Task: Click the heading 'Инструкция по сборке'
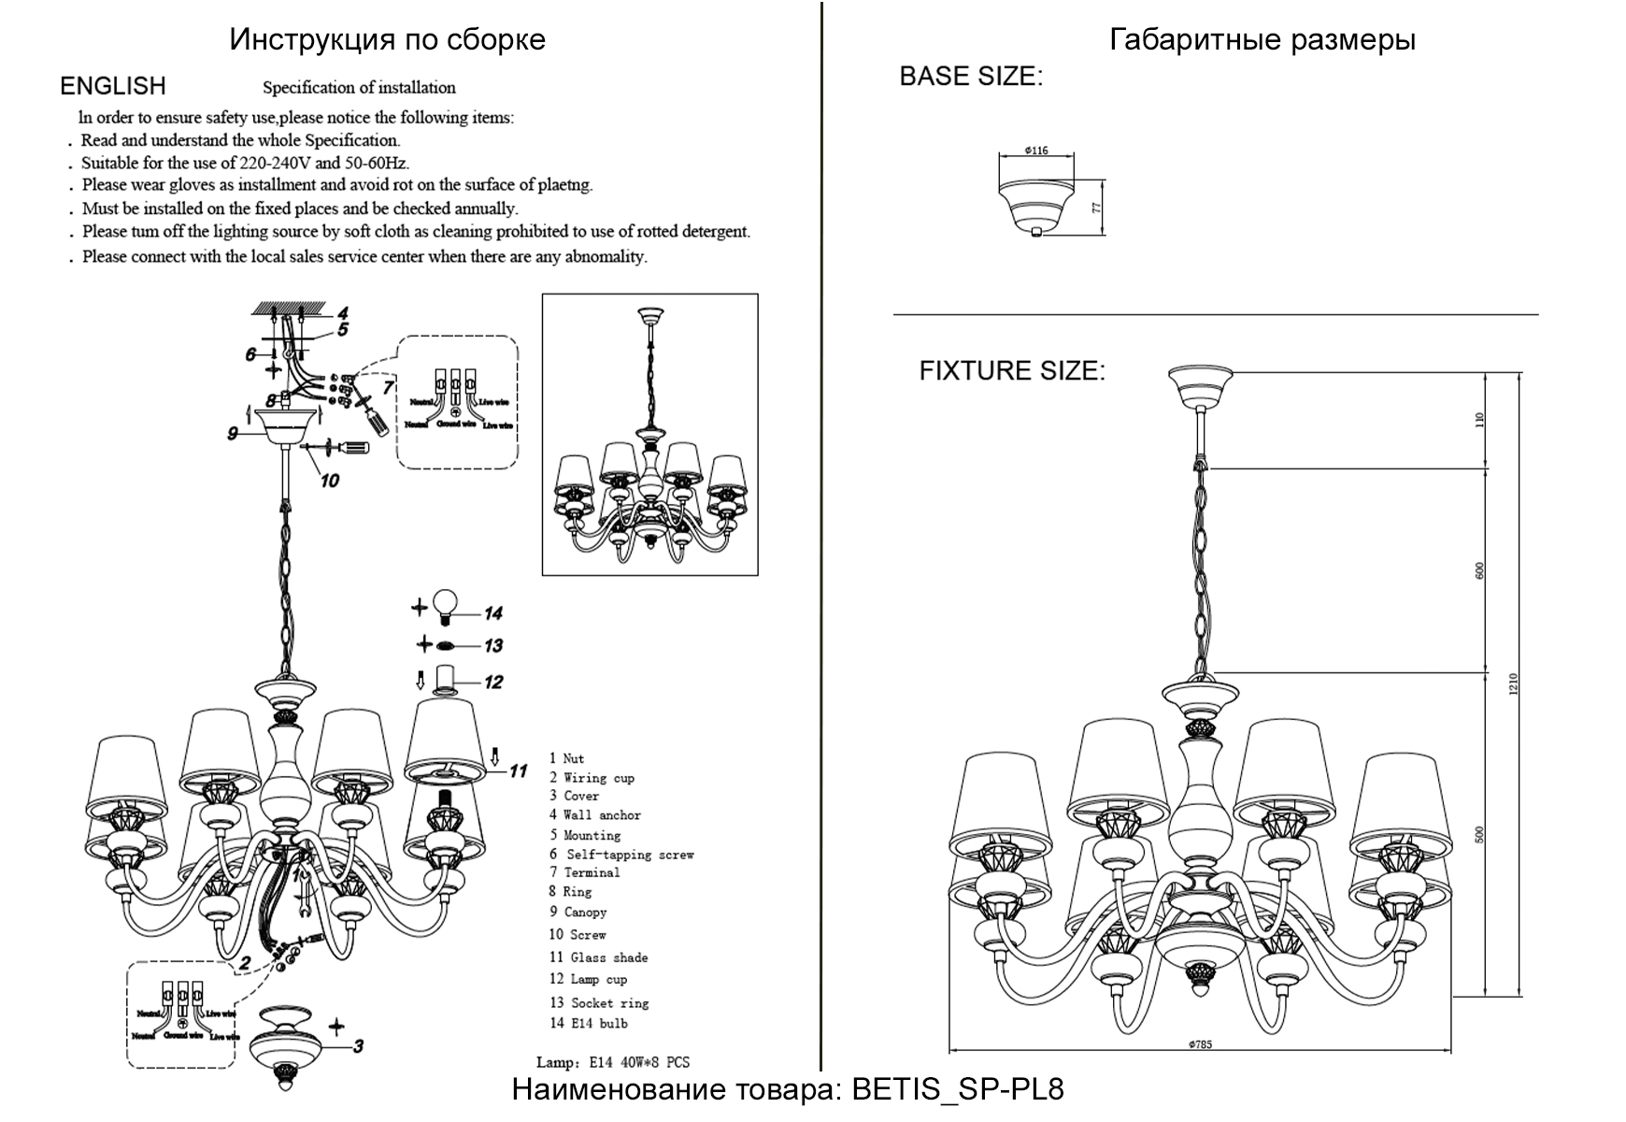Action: tap(387, 39)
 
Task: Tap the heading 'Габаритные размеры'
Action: tap(1262, 39)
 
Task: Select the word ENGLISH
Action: tap(113, 86)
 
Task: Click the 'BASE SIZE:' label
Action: tap(970, 77)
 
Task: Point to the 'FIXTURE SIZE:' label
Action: tap(1011, 370)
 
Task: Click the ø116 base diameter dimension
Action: tap(1036, 151)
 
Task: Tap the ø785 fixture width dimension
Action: tap(1200, 1044)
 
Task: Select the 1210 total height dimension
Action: tap(1514, 683)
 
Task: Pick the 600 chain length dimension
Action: tap(1479, 570)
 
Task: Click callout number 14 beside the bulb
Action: tap(493, 613)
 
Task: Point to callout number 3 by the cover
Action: tap(358, 1046)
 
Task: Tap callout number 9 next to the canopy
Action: tap(233, 434)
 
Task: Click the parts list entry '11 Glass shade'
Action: tap(598, 957)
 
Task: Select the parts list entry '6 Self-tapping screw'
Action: tap(621, 855)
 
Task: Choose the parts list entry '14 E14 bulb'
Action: tap(589, 1024)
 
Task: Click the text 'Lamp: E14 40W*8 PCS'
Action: tap(613, 1062)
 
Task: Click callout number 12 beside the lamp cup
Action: tap(493, 683)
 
